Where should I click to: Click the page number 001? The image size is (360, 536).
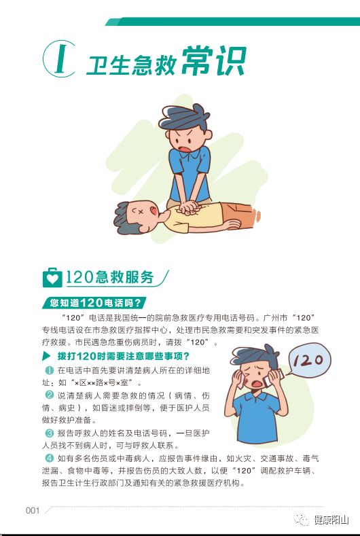coord(33,510)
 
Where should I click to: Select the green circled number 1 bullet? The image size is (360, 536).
coord(50,370)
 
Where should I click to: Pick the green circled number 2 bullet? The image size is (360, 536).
coord(50,395)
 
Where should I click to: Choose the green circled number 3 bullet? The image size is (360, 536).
coord(50,433)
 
